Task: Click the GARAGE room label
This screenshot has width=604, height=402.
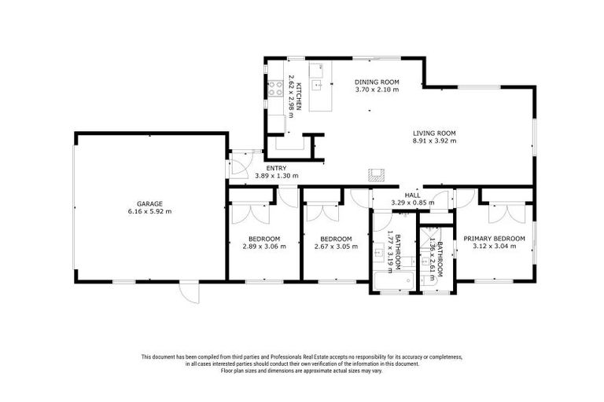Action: pos(149,203)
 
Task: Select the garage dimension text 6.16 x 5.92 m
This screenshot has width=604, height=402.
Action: pos(149,211)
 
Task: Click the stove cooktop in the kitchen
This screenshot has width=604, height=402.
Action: pos(276,89)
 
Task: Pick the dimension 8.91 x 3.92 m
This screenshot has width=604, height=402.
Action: pos(434,141)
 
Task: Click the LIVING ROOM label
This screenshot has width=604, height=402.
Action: pos(434,133)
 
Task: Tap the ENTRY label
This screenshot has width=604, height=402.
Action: pos(276,168)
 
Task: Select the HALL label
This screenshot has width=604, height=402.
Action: pos(412,196)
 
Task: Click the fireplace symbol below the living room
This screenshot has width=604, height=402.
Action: pos(377,174)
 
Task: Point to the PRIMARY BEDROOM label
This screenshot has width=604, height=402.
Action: pos(494,238)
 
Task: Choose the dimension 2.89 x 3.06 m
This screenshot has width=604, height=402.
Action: pos(264,246)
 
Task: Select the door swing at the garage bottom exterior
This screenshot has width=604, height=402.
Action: pos(188,291)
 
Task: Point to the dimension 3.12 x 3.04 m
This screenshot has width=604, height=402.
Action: pos(494,246)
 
